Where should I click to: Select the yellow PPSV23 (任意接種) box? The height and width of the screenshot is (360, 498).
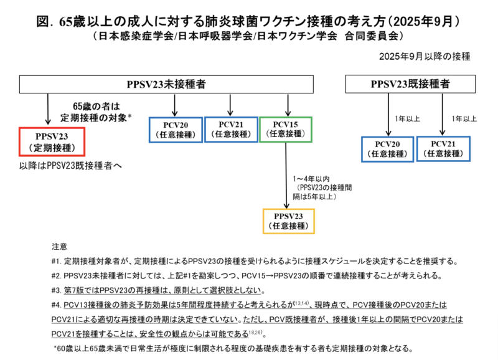(x=289, y=220)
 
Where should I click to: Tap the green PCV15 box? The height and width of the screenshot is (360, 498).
(x=286, y=129)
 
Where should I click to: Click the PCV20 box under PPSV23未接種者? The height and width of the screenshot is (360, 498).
(x=175, y=129)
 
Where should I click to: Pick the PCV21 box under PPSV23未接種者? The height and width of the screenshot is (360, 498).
(x=230, y=129)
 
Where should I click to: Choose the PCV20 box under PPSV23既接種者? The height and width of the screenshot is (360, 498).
(x=388, y=149)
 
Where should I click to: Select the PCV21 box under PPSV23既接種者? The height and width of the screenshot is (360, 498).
(x=443, y=149)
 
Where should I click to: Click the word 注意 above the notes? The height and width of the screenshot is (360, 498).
(x=60, y=247)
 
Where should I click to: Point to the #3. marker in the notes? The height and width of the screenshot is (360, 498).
(x=57, y=290)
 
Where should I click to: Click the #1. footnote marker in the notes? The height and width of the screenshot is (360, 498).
(x=57, y=260)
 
